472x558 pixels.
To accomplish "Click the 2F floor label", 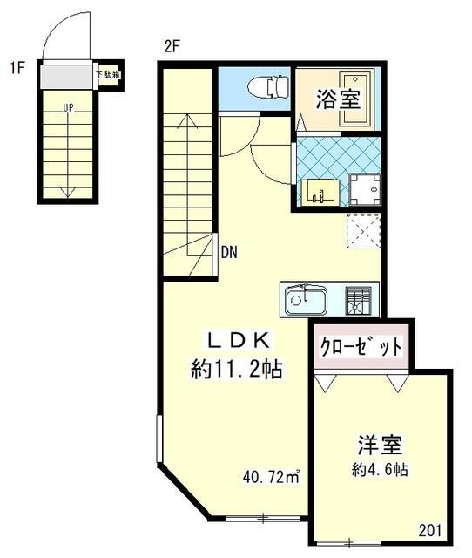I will tap(172, 47).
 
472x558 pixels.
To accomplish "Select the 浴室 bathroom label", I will tap(338, 98).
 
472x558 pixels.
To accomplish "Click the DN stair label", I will tap(229, 253).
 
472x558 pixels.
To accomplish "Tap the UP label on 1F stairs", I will tap(67, 108).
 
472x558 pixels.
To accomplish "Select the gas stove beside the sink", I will tap(360, 300).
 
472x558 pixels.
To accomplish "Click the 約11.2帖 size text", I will tap(236, 370).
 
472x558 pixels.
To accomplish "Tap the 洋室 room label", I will tap(379, 445).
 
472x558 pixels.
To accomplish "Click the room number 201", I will tap(431, 530).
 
